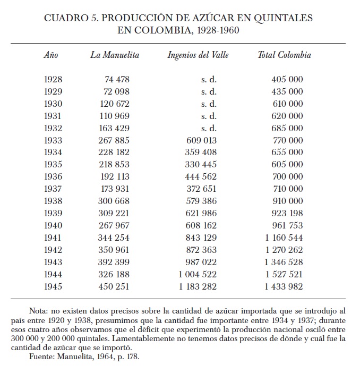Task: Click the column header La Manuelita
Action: [x=115, y=55]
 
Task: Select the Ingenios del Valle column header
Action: [x=198, y=55]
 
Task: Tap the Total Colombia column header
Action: [x=284, y=55]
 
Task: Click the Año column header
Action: [x=51, y=55]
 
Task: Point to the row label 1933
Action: [x=53, y=141]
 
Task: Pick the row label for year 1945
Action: [x=53, y=287]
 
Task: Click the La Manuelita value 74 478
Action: [x=117, y=80]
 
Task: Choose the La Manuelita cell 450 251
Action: [x=114, y=287]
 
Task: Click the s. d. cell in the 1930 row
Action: [x=209, y=104]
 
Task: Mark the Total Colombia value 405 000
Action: [x=287, y=80]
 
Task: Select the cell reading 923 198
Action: [x=287, y=214]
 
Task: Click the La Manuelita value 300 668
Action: [x=114, y=201]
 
